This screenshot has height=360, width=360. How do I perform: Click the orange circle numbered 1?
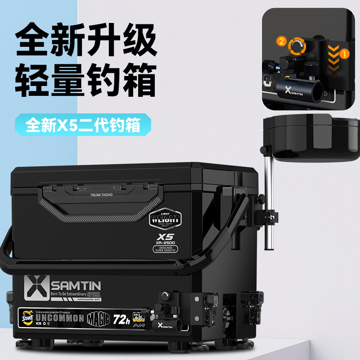346,54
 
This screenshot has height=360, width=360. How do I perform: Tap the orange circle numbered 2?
282,41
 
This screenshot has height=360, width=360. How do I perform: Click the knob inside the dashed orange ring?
297,45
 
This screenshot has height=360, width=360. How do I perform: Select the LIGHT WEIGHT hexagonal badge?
165,218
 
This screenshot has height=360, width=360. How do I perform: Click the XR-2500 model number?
165,241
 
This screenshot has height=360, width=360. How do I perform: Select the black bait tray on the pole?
310,137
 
